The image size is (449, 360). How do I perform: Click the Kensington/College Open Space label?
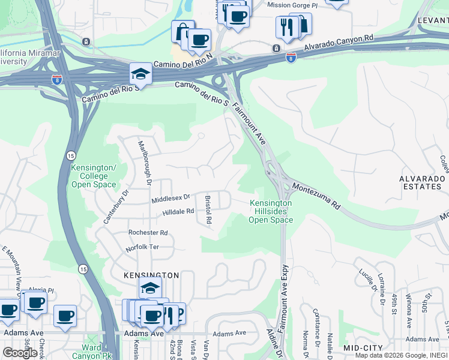[94, 176]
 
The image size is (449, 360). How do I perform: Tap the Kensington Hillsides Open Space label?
[271, 212]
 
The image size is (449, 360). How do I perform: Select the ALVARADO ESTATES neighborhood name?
[421, 183]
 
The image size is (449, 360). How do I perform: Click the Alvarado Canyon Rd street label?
[339, 42]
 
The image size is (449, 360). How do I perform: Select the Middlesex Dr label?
[170, 197]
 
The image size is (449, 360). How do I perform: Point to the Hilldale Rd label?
[178, 212]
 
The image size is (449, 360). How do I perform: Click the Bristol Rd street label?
[208, 209]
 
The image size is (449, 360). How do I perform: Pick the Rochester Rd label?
[148, 232]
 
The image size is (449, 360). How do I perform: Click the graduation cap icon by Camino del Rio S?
[140, 74]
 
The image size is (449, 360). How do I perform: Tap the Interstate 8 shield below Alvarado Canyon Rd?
[291, 58]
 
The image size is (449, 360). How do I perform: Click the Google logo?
[20, 353]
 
